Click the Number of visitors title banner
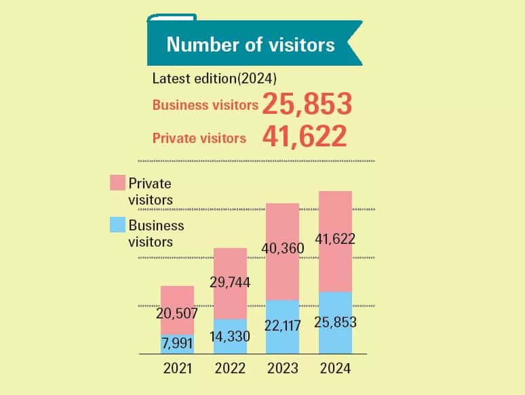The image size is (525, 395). pyautogui.click(x=251, y=45)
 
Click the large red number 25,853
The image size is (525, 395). pyautogui.click(x=307, y=104)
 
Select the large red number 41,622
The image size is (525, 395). pyautogui.click(x=305, y=136)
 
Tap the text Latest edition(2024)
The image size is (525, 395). pyautogui.click(x=214, y=78)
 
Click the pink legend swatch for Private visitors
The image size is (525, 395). pyautogui.click(x=117, y=182)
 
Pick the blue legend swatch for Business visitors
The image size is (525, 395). pyautogui.click(x=117, y=226)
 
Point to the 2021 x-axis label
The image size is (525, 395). pyautogui.click(x=178, y=369)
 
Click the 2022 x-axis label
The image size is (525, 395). pyautogui.click(x=230, y=369)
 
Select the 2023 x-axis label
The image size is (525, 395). pyautogui.click(x=282, y=369)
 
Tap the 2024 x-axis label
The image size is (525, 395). pyautogui.click(x=334, y=369)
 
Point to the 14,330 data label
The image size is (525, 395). pyautogui.click(x=230, y=337)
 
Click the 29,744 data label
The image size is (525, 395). pyautogui.click(x=229, y=283)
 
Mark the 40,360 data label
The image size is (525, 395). pyautogui.click(x=282, y=248)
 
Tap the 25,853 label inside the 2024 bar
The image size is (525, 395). pyautogui.click(x=335, y=322)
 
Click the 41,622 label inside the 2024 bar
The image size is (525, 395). pyautogui.click(x=335, y=238)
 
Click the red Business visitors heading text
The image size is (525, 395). pyautogui.click(x=205, y=105)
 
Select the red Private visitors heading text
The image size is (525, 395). pyautogui.click(x=199, y=138)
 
